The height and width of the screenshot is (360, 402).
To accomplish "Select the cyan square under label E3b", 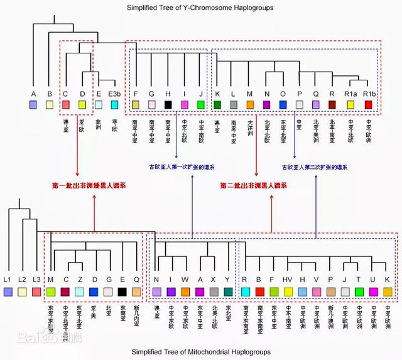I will pos(114,104).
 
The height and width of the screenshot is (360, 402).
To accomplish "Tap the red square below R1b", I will pos(369,104).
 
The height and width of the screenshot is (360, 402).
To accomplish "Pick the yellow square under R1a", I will pos(350,104).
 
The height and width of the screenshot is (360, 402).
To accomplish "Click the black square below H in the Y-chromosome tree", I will pos(168,104).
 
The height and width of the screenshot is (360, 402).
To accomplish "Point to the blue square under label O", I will pos(283,104).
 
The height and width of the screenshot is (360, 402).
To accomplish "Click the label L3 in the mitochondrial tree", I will pos(36,278).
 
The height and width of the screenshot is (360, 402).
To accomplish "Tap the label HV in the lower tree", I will pos(288,278).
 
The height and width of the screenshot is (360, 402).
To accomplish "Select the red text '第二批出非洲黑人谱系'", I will pos(254,186).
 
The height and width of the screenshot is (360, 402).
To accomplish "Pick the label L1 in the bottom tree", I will pos(8,278).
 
